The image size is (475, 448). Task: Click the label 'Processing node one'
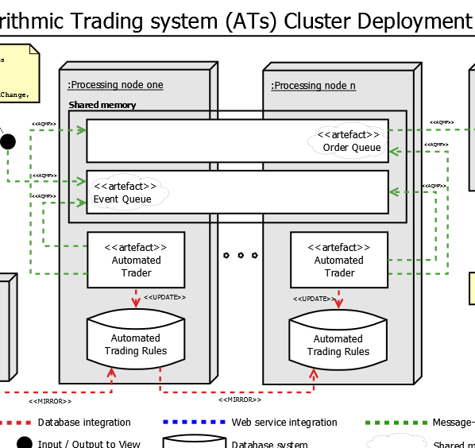[116, 85]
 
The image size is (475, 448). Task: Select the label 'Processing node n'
[314, 86]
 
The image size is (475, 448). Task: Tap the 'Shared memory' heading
[102, 105]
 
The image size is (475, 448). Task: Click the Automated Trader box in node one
[136, 260]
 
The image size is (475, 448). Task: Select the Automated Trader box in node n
[339, 260]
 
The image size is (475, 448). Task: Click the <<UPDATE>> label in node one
[164, 297]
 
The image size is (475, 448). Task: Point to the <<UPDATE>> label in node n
[313, 299]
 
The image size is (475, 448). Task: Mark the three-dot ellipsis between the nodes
[240, 256]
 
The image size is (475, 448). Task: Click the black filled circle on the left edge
[8, 141]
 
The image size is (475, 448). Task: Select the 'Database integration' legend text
[84, 423]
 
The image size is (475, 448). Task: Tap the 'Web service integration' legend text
[284, 423]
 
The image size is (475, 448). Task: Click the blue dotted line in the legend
[194, 423]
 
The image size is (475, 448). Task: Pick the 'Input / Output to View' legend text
[89, 444]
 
